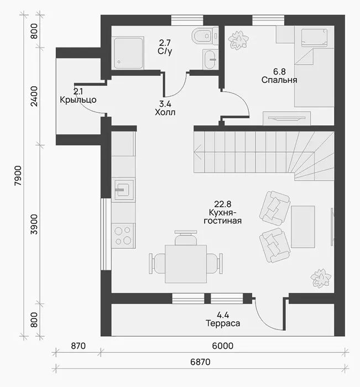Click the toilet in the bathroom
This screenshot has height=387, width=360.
tap(205, 36)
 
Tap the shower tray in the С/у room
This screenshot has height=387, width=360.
tap(128, 53)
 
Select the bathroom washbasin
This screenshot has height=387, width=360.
tap(210, 59)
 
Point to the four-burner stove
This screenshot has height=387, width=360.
tap(123, 236)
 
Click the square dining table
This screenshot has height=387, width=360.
tap(186, 264)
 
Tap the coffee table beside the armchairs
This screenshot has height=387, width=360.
tap(303, 227)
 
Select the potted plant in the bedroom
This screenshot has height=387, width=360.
tap(238, 40)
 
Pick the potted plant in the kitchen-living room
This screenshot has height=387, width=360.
tap(321, 278)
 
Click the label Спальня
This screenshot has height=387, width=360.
tap(279, 80)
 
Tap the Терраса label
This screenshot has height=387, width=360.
tap(223, 323)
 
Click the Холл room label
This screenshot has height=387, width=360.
tap(165, 112)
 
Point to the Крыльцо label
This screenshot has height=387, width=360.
tap(78, 100)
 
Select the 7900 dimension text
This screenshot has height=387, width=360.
tap(18, 176)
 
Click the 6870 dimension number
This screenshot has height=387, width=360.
tap(200, 362)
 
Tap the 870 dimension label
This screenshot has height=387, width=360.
tap(79, 346)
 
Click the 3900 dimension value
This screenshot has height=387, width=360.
tap(34, 224)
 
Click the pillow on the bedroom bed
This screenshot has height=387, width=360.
tap(314, 37)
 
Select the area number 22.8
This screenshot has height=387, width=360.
tap(222, 204)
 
